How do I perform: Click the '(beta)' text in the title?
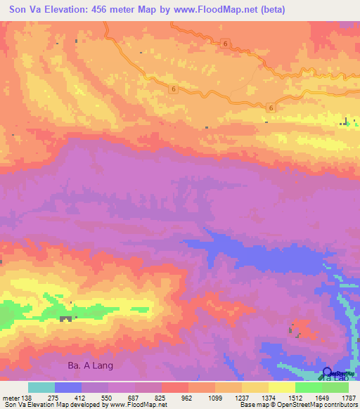coord(294,8)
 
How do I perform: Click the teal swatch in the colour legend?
coord(41,387)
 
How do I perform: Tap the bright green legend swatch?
coord(308,387)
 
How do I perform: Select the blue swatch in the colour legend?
coord(68,387)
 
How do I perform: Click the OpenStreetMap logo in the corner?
coord(328,374)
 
